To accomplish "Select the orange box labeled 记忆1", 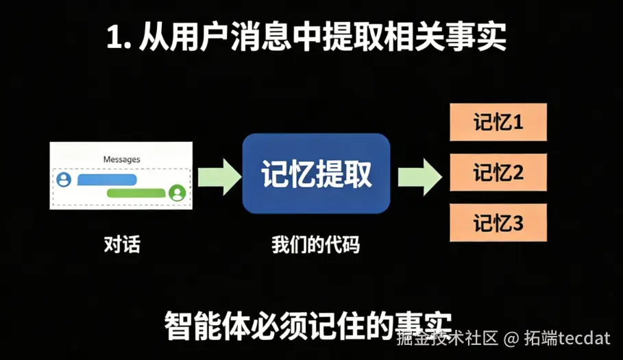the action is [498, 122].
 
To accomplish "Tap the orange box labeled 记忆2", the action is [498, 172].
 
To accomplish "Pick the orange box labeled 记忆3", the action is [498, 223].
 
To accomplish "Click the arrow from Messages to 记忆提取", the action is [219, 176].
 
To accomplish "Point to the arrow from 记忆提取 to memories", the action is [419, 176].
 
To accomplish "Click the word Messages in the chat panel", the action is [121, 159].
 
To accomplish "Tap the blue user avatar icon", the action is [64, 180].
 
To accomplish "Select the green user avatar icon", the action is [178, 193].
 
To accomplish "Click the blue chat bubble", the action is [108, 180].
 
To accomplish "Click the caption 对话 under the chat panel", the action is [121, 244].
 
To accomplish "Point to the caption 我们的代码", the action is [315, 244].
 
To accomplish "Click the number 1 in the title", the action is [114, 38].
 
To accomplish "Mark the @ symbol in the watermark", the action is [512, 338].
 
